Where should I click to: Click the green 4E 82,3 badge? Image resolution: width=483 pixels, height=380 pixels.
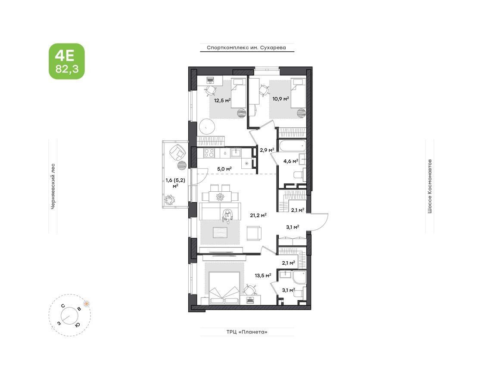pos(66,61)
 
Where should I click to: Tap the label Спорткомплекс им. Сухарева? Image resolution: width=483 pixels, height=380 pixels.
pos(246,48)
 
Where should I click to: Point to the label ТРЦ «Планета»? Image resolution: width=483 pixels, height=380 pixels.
pos(246,332)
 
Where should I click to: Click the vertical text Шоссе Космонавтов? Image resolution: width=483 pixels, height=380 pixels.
pos(429,186)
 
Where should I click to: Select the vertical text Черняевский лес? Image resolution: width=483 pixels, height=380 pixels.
pos(53,186)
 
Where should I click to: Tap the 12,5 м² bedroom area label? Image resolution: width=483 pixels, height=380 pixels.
pos(223,100)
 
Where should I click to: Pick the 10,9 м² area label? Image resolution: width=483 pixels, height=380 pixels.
pos(280,98)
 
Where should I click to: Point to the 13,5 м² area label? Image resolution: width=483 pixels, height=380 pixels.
pos(262,275)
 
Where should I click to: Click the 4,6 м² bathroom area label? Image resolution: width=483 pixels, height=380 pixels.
pos(290,161)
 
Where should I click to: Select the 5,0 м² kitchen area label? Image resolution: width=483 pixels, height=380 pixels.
pos(224,168)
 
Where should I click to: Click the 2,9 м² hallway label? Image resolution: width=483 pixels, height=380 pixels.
pos(267,150)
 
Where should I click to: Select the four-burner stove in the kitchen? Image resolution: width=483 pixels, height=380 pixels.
pos(209,152)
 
